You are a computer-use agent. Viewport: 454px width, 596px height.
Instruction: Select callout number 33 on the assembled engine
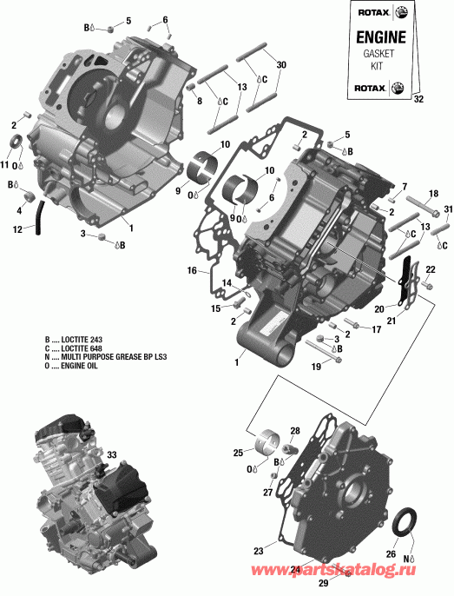point(111,454)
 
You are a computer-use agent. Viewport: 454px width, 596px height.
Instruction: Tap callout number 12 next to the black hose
point(17,229)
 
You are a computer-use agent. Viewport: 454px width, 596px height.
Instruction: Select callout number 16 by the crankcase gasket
point(193,271)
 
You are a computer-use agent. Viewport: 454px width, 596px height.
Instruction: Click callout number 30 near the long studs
point(280,66)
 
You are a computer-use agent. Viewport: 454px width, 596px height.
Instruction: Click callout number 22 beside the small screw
point(431,270)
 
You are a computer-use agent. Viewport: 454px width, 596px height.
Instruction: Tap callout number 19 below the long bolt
point(314,368)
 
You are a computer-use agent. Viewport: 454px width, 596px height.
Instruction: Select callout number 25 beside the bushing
point(238,453)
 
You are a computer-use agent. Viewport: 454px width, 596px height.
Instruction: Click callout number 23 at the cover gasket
point(258,551)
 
